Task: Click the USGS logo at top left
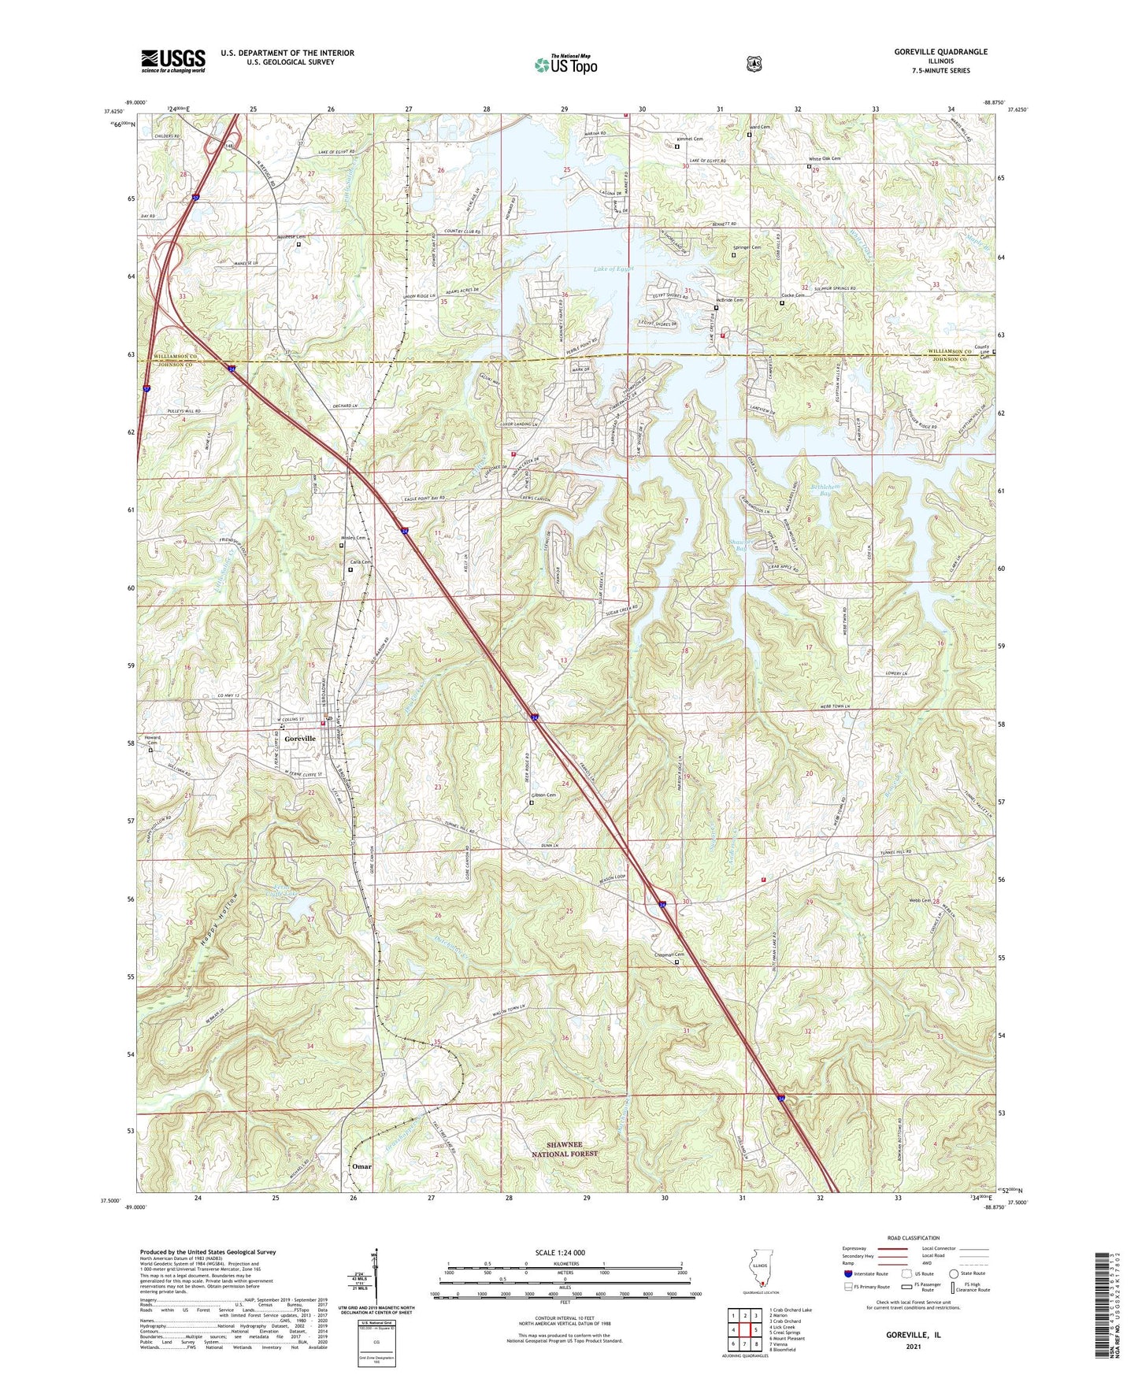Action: tap(173, 60)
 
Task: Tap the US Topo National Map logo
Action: tap(565, 65)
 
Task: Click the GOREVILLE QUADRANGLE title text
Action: tap(940, 52)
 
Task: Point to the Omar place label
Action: tap(361, 1166)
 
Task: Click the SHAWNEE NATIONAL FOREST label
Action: tap(565, 1148)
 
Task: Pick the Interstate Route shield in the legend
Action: tap(847, 1274)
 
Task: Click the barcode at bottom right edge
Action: tap(1106, 1303)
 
